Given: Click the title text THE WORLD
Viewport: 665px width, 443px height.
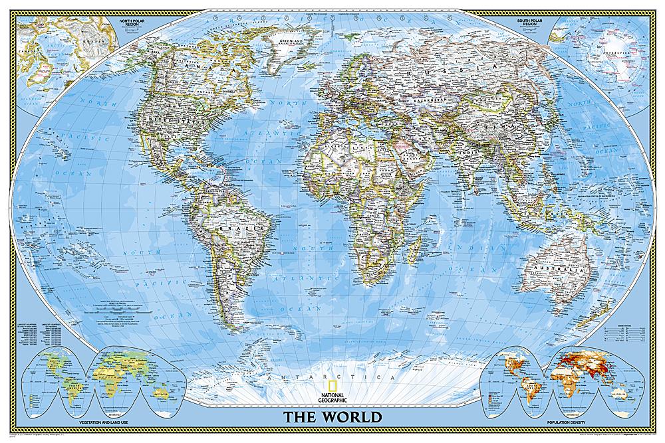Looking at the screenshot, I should tap(332, 418).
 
